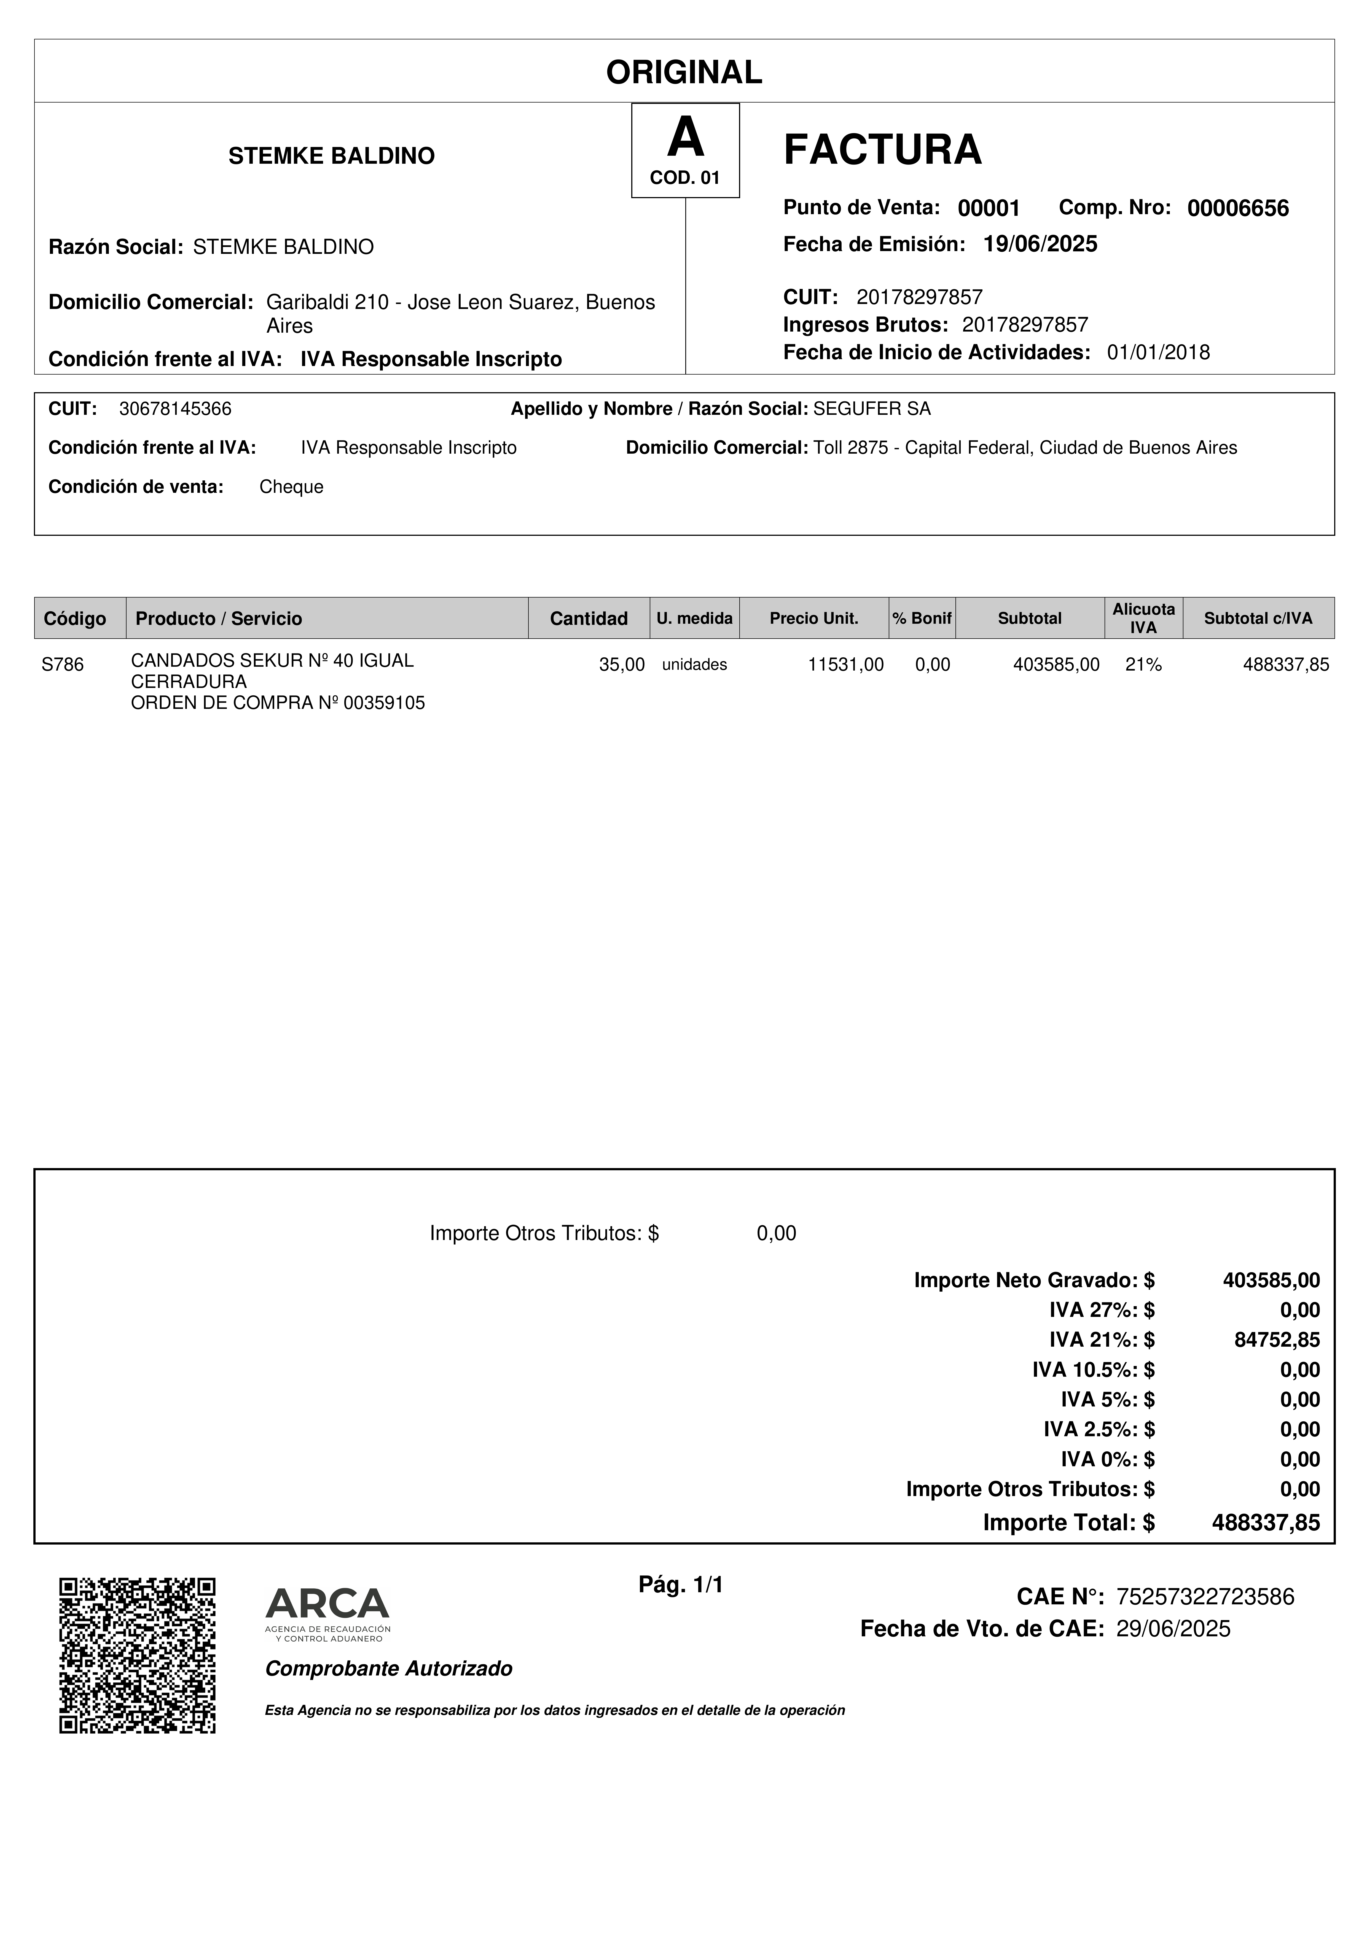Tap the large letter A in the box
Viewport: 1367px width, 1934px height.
click(x=685, y=138)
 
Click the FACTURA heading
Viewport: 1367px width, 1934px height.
click(x=882, y=150)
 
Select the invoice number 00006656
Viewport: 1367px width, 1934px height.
click(x=1237, y=208)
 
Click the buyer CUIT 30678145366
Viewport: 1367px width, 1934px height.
click(x=175, y=409)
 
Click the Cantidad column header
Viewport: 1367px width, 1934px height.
click(x=589, y=618)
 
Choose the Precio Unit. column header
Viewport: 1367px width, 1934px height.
click(x=814, y=618)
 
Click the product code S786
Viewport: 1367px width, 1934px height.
click(x=63, y=665)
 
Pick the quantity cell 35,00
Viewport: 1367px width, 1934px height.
click(x=622, y=665)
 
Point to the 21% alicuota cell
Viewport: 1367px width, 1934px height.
click(x=1143, y=665)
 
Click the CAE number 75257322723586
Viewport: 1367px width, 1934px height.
click(x=1204, y=1596)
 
